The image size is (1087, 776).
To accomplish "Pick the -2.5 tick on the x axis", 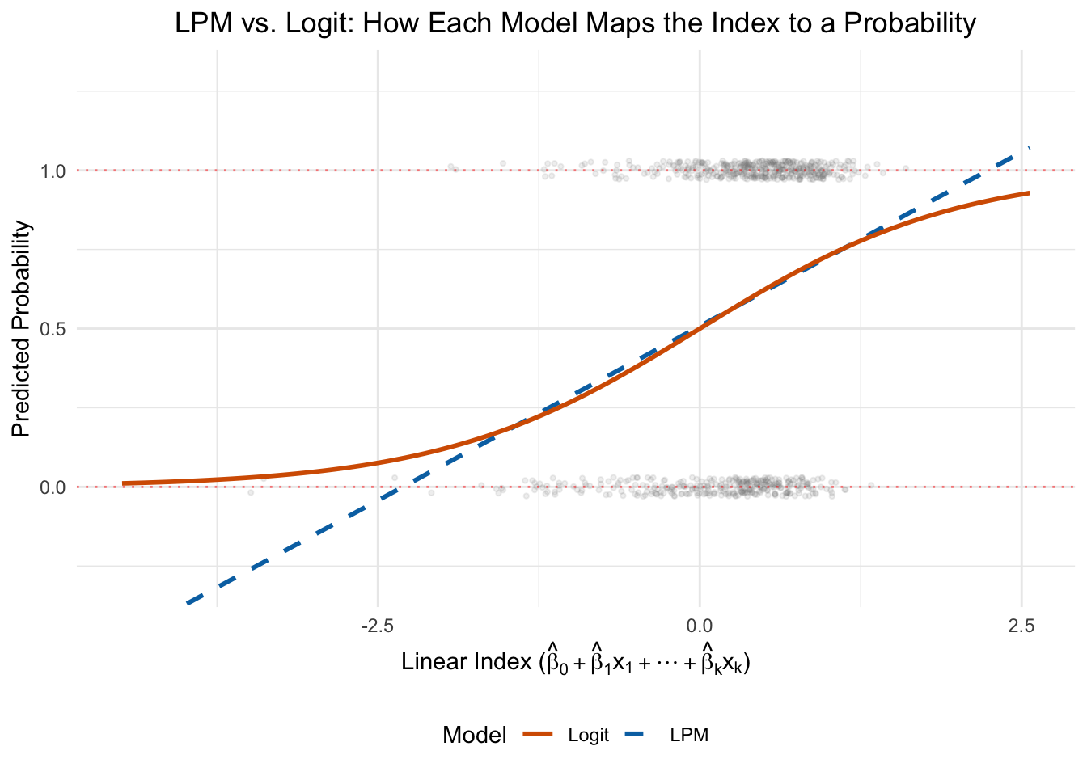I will coord(378,626).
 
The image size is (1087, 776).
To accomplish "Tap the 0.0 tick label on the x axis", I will coord(699,626).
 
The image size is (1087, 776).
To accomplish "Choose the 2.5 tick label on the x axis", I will coord(1021,626).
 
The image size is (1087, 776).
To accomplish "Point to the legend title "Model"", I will coord(475,735).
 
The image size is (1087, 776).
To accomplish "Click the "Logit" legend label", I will coord(588,736).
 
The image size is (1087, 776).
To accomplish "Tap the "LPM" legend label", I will coord(689,736).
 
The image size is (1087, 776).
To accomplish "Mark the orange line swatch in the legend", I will coord(539,735).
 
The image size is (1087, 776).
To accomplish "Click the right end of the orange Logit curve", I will coord(1028,193).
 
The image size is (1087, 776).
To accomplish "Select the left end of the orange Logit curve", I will coord(124,483).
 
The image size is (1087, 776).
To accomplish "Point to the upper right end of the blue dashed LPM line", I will coord(1028,149).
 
